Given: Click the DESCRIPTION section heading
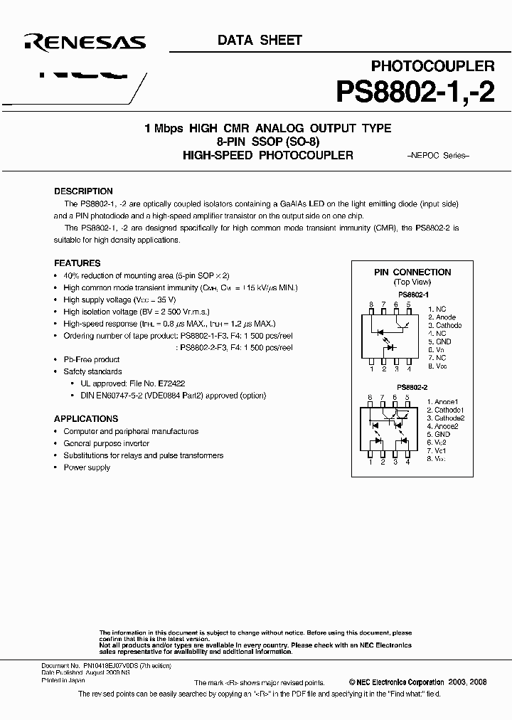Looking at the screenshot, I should (x=83, y=191).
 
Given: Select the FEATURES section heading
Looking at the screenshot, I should (x=78, y=263).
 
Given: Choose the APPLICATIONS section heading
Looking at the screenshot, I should (x=87, y=419).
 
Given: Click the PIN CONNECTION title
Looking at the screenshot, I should (x=412, y=272).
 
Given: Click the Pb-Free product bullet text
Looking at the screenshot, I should (x=92, y=359).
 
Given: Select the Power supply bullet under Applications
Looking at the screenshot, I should (x=87, y=467).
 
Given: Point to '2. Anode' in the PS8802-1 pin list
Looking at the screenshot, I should (x=442, y=317).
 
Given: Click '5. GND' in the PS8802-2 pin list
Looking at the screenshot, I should (x=439, y=434).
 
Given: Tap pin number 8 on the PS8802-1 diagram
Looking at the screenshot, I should (x=370, y=305).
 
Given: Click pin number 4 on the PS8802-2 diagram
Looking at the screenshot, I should (x=408, y=462).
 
